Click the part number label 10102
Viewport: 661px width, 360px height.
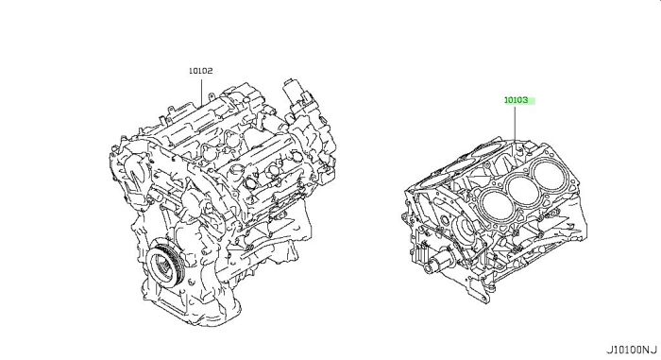point(200,71)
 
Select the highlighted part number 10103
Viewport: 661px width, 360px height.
point(516,100)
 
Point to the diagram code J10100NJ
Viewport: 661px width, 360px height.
point(632,350)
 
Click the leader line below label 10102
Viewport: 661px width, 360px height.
point(201,91)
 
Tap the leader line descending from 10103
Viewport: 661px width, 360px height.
point(516,123)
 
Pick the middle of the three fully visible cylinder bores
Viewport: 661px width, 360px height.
point(521,189)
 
